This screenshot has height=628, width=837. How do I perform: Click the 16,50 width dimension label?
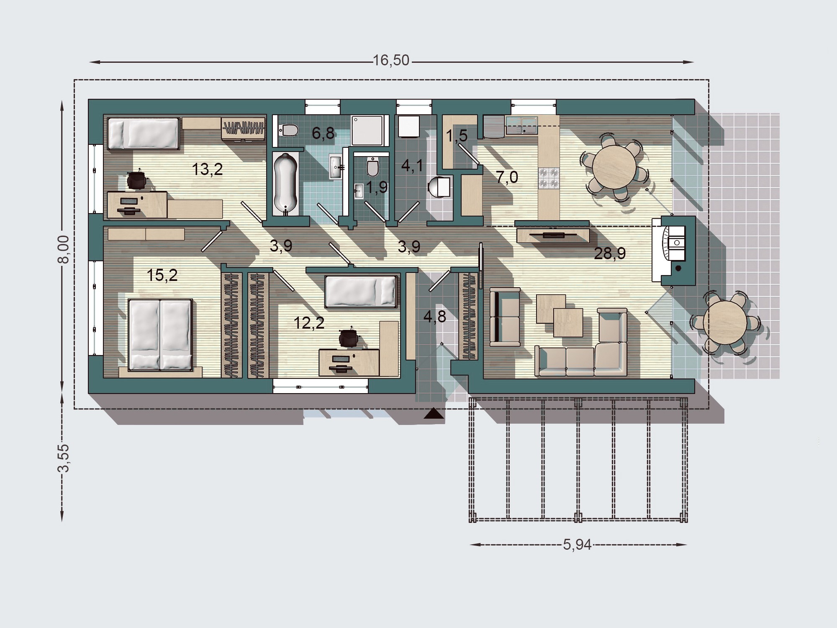[391, 61]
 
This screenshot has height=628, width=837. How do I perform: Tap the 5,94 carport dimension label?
[578, 544]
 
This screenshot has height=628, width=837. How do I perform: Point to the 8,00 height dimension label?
[63, 250]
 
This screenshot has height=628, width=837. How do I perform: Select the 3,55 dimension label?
[63, 458]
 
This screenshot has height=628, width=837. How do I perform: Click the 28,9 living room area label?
[610, 253]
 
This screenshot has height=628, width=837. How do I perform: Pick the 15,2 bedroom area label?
[162, 275]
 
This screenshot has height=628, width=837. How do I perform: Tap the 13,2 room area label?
[207, 170]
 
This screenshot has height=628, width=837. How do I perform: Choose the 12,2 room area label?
[309, 323]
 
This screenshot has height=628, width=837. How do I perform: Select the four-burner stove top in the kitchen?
[549, 178]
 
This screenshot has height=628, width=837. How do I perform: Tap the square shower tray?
[367, 131]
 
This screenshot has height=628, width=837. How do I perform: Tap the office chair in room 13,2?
[137, 181]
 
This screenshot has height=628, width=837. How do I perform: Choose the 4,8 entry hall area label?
[435, 317]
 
